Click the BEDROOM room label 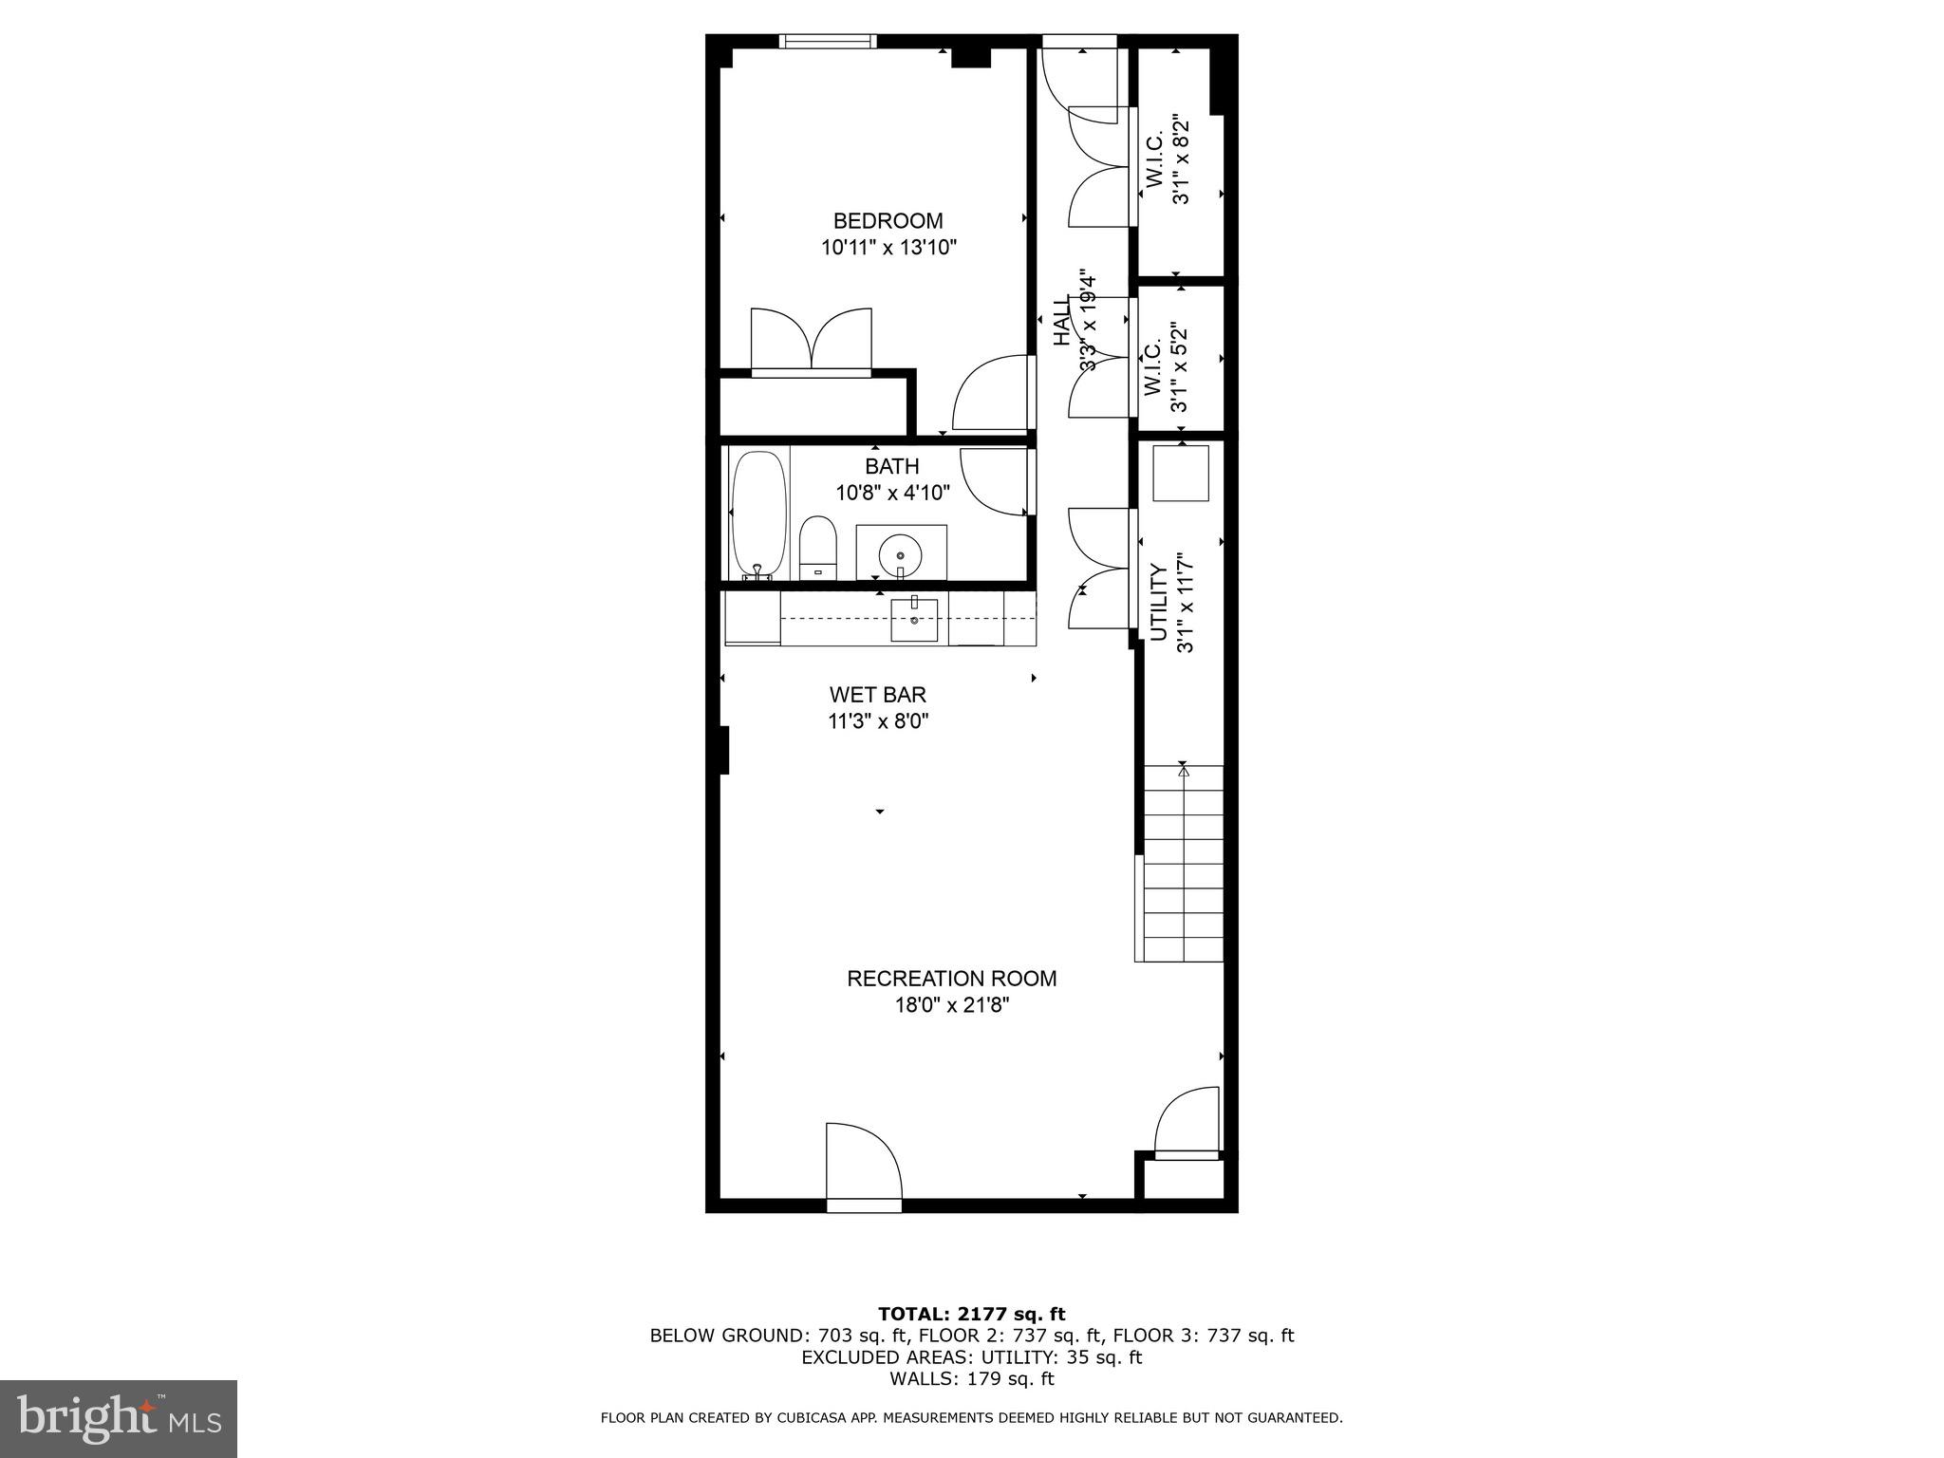click(x=888, y=221)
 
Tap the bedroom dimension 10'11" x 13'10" click(x=888, y=249)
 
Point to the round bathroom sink click(x=899, y=551)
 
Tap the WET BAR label click(x=877, y=695)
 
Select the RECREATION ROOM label click(x=951, y=978)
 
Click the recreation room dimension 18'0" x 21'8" click(x=951, y=1005)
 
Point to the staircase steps click(x=1183, y=864)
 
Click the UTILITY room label click(x=1158, y=604)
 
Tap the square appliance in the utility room click(x=1180, y=473)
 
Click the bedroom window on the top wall click(x=826, y=41)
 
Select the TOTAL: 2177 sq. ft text click(x=971, y=1314)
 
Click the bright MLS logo click(x=118, y=1418)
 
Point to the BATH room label click(x=891, y=466)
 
